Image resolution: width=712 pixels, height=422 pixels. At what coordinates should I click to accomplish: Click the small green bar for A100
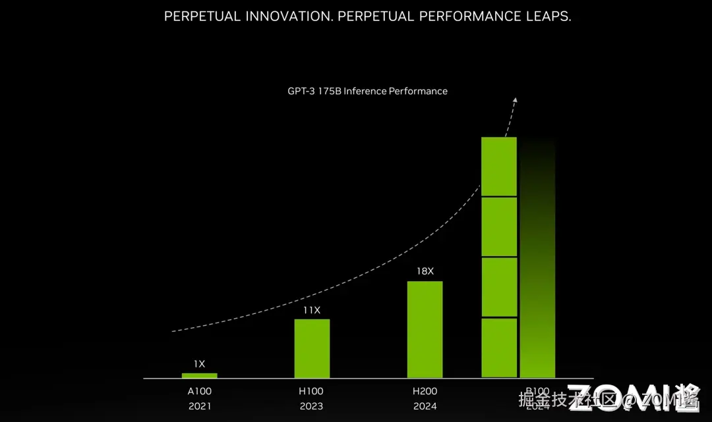[199, 375]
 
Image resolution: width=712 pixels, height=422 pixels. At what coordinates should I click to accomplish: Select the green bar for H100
[312, 348]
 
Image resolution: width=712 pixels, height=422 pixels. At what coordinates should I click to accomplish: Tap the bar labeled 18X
[425, 329]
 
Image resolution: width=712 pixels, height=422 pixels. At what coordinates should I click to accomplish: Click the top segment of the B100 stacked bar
[499, 166]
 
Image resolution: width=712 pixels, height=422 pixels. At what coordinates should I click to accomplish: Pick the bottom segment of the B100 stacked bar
[499, 348]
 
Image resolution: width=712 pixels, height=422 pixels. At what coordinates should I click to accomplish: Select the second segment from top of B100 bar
[499, 226]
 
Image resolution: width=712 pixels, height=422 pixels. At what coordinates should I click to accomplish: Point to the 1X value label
[199, 363]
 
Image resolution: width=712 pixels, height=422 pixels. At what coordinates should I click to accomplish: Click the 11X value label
[312, 309]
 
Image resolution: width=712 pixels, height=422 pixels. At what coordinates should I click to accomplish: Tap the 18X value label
[425, 271]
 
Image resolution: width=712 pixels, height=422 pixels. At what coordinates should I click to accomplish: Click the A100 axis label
[199, 391]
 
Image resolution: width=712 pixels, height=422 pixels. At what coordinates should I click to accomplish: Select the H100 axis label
[312, 391]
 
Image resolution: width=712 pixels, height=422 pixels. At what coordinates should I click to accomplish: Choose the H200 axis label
[425, 391]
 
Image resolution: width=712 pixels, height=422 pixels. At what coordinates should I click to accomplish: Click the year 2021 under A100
[199, 406]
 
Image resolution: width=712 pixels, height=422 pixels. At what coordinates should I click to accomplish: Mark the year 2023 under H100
[312, 406]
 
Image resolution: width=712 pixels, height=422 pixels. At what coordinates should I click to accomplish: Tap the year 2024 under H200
[425, 406]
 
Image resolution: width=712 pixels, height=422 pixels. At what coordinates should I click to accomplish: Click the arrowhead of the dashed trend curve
[515, 101]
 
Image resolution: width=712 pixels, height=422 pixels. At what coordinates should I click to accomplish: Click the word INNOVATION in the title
[289, 16]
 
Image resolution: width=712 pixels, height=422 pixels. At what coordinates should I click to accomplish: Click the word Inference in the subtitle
[365, 91]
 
